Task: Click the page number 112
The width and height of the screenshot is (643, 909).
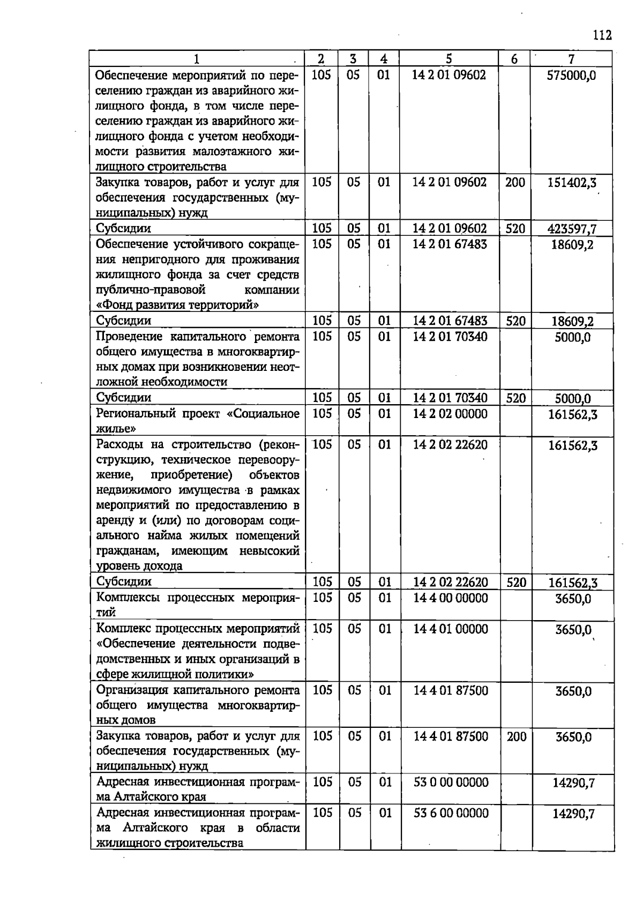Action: [602, 36]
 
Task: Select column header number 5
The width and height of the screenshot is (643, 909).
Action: [449, 59]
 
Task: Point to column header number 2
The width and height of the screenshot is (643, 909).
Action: [321, 59]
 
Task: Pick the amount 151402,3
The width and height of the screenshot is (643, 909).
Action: [571, 183]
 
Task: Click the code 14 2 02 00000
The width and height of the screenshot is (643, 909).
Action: [450, 414]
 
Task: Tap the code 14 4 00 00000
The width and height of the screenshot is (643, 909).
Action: [451, 598]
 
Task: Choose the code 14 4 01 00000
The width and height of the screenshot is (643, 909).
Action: [451, 629]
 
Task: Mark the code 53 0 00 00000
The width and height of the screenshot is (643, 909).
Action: [451, 783]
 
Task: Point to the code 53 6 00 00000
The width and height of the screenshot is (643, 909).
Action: [451, 814]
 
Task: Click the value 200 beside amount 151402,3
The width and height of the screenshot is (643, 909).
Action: [515, 183]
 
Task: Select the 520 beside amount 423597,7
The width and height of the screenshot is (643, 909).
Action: [515, 229]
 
